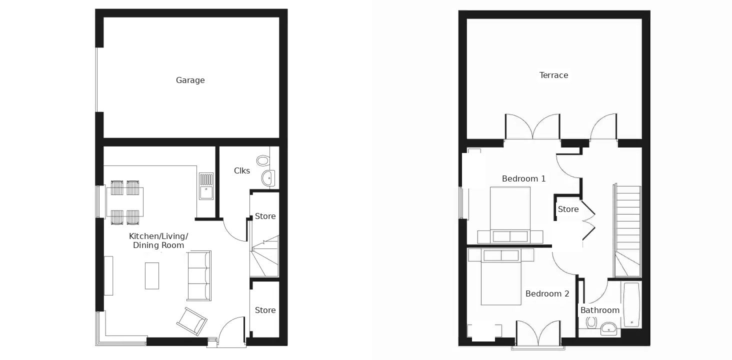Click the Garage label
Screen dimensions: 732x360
(190, 80)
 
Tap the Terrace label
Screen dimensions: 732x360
(553, 75)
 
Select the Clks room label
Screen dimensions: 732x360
(242, 170)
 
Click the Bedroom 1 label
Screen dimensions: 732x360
(523, 178)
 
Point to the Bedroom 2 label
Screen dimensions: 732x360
(547, 293)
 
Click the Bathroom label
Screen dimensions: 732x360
(599, 310)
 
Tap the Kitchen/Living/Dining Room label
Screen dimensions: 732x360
(158, 240)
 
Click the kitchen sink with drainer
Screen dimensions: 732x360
(206, 186)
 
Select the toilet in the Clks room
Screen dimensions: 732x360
(263, 160)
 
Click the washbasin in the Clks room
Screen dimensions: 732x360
(268, 178)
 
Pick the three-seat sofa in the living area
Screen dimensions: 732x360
(199, 275)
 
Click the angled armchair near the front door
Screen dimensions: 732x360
(192, 321)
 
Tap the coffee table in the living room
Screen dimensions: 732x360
(152, 275)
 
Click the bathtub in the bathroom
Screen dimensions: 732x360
(631, 304)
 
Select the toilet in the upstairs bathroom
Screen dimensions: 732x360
(591, 323)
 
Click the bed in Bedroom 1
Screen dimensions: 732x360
(510, 215)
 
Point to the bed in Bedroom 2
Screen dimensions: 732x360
(501, 276)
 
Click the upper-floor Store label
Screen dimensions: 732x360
(568, 209)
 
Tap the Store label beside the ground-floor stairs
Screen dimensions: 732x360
(265, 216)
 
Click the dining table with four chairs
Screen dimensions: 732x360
(125, 202)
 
